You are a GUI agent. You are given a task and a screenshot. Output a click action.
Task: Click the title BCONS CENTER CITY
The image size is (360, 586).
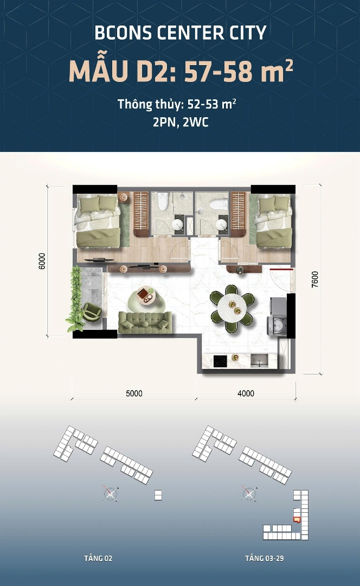(x=181, y=33)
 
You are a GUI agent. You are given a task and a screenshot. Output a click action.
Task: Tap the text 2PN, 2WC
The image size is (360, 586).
(x=181, y=122)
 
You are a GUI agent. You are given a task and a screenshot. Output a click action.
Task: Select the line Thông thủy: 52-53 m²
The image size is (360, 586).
(x=177, y=104)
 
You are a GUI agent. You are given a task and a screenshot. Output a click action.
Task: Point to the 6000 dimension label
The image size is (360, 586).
(x=42, y=261)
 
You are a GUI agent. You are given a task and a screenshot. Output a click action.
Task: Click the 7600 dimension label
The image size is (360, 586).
(x=315, y=279)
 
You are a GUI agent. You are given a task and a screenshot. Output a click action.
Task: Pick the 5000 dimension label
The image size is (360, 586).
(x=134, y=393)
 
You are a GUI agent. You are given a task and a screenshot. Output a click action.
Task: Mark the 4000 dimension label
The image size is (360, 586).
(x=246, y=393)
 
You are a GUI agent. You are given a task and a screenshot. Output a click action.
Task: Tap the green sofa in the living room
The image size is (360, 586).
(x=145, y=322)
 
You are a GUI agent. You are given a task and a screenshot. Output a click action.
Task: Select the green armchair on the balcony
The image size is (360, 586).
(x=92, y=311)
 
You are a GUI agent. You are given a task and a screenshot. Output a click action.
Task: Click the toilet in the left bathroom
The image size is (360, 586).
(x=163, y=201)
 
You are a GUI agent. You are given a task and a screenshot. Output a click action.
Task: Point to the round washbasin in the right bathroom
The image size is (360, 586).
(x=222, y=225)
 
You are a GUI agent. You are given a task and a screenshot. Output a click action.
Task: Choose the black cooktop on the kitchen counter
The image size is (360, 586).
(x=220, y=361)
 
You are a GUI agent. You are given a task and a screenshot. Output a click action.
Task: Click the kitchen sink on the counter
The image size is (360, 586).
(x=259, y=361)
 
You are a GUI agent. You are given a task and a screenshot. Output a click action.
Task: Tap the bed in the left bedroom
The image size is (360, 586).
(x=99, y=221)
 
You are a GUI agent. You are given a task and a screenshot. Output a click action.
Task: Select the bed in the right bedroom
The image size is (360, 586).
(x=273, y=221)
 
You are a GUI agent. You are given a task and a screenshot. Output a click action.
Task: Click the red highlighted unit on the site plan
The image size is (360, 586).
(x=297, y=519)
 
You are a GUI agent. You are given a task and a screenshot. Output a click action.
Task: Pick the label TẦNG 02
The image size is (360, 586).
(x=98, y=558)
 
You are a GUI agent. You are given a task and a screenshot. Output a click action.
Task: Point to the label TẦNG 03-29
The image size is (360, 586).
(x=265, y=558)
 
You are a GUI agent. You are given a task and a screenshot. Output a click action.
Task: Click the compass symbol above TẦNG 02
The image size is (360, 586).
(x=111, y=494)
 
